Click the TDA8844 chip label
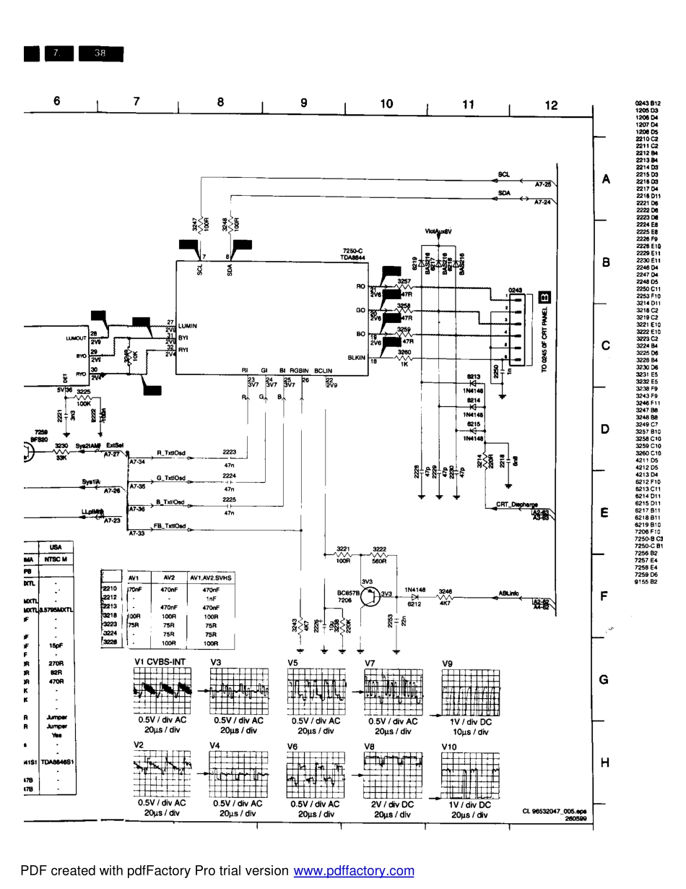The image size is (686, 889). [352, 257]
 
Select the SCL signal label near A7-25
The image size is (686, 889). [503, 175]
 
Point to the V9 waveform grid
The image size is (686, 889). [470, 693]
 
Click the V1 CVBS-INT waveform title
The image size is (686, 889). [160, 662]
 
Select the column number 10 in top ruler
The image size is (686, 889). [386, 104]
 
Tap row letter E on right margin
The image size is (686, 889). [604, 513]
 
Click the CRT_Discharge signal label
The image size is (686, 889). [516, 504]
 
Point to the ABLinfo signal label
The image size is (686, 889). [508, 594]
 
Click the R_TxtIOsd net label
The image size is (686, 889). [170, 453]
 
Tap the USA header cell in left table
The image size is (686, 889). [54, 548]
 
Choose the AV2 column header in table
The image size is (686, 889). [169, 577]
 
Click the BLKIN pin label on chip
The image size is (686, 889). [356, 357]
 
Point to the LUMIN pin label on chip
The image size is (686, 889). [187, 326]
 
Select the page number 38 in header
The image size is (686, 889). [100, 53]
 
